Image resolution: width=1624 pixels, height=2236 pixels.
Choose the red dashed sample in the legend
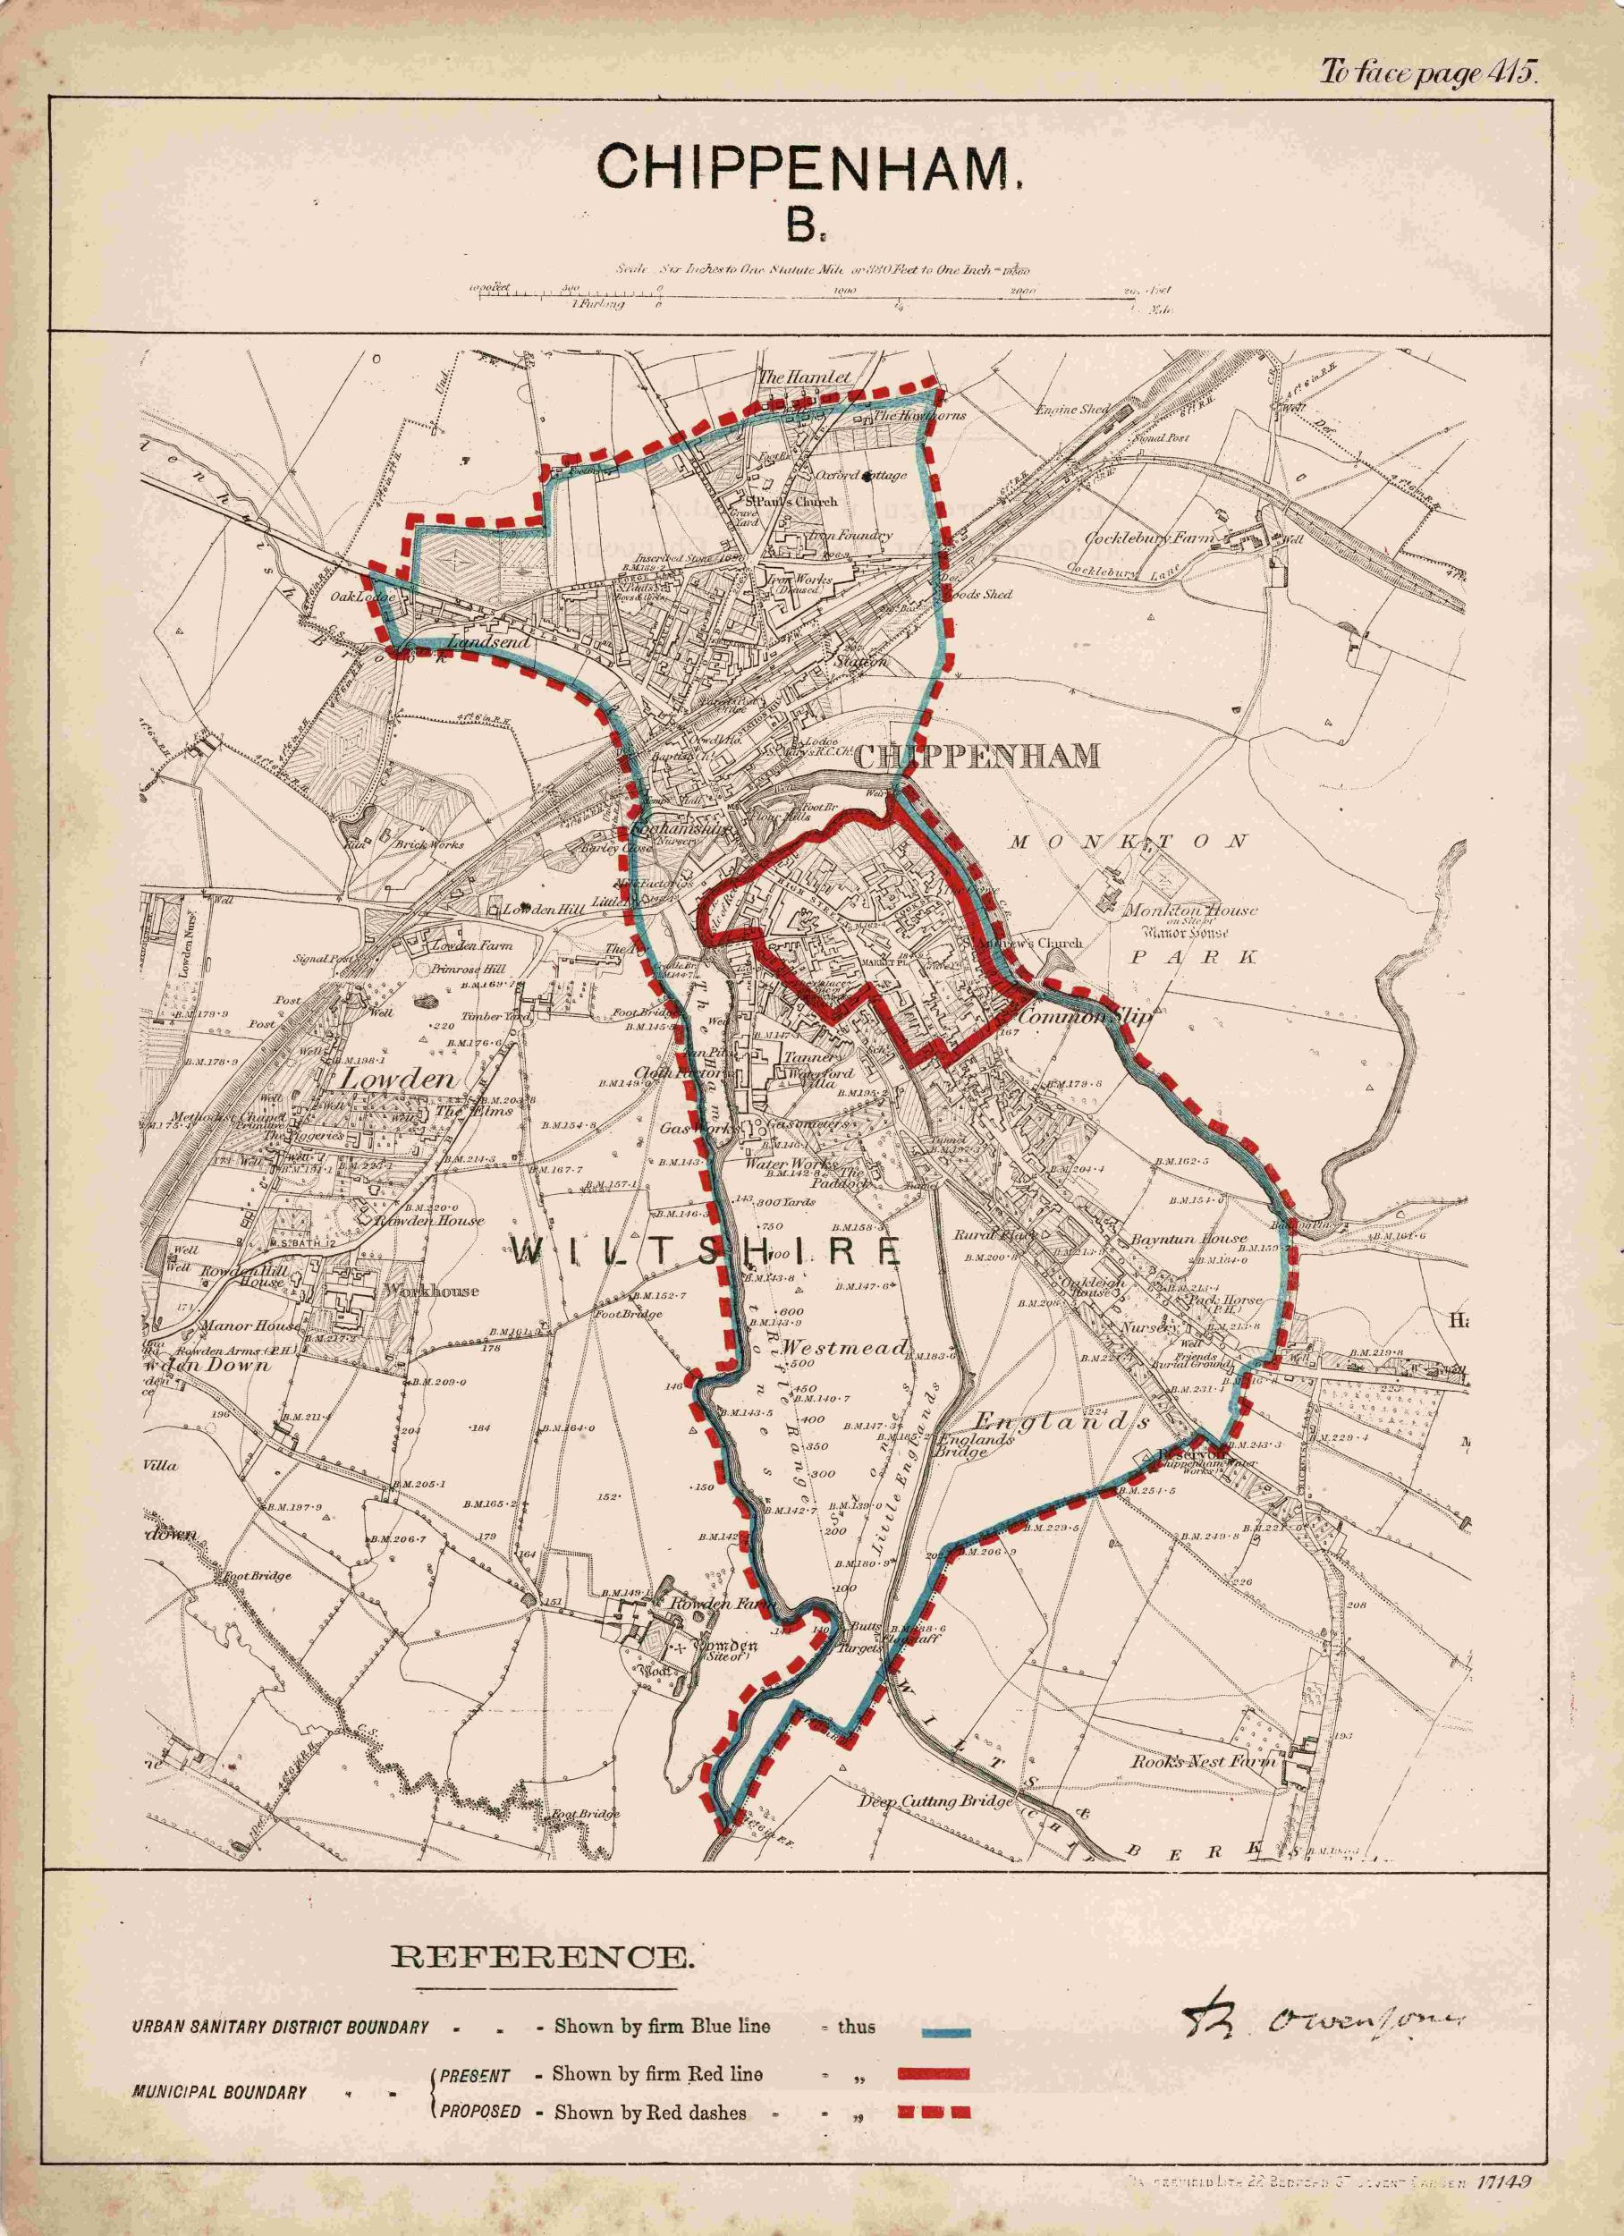point(933,2050)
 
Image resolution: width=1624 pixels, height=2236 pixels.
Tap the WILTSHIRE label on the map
point(706,1253)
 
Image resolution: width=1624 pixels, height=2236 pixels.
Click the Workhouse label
point(419,1291)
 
